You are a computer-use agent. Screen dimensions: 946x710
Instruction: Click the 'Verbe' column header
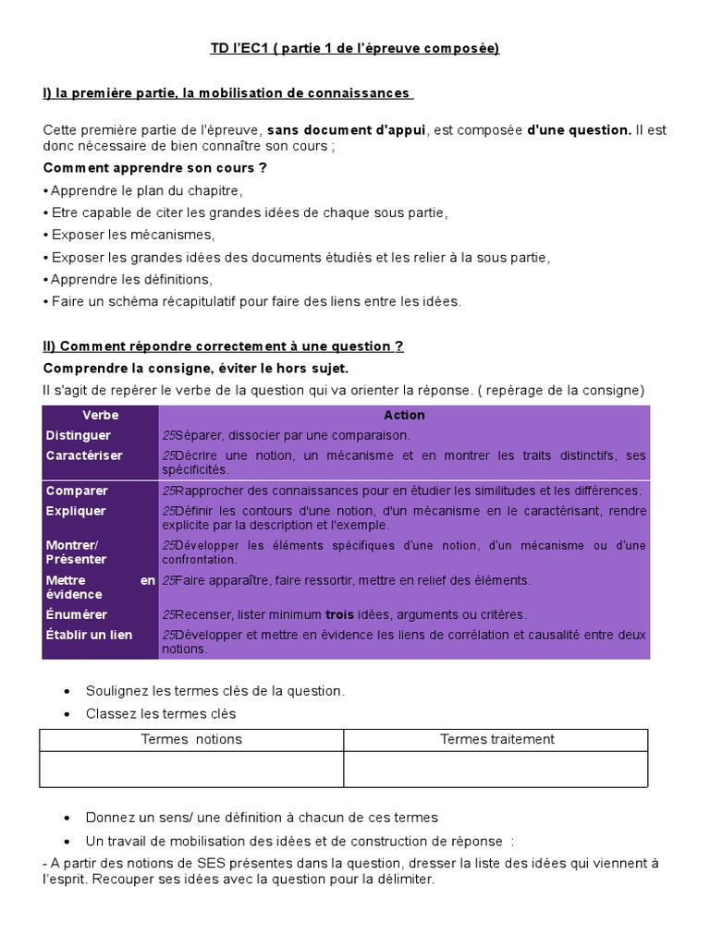(x=100, y=415)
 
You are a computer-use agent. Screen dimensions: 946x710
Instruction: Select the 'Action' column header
(x=404, y=415)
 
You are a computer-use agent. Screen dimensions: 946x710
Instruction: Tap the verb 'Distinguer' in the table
(x=79, y=435)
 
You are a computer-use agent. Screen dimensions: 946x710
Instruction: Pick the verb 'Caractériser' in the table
(x=84, y=455)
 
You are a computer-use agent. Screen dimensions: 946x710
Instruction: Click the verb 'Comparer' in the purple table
(x=77, y=491)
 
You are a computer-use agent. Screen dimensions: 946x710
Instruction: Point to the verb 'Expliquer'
(x=76, y=511)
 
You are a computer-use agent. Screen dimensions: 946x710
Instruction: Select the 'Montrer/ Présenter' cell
(x=76, y=552)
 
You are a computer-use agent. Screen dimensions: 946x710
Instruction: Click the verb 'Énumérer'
(x=77, y=614)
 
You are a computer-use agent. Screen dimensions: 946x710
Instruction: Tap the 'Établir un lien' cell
(x=89, y=635)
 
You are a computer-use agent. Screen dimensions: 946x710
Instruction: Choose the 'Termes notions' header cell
(x=191, y=739)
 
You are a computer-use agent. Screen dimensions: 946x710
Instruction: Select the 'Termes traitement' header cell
(x=497, y=739)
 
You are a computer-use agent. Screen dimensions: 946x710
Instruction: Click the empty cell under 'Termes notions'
(x=191, y=769)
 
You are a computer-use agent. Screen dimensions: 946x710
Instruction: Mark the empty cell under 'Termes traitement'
(x=497, y=769)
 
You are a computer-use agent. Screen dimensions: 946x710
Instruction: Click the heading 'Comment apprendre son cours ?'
(x=154, y=168)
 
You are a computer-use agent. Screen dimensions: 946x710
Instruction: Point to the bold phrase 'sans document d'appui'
(x=347, y=130)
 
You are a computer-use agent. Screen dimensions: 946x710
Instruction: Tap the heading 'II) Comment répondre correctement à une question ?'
(x=223, y=346)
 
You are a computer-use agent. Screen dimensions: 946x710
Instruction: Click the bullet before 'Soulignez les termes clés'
(x=67, y=691)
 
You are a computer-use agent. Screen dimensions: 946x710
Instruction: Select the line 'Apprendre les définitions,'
(x=130, y=279)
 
